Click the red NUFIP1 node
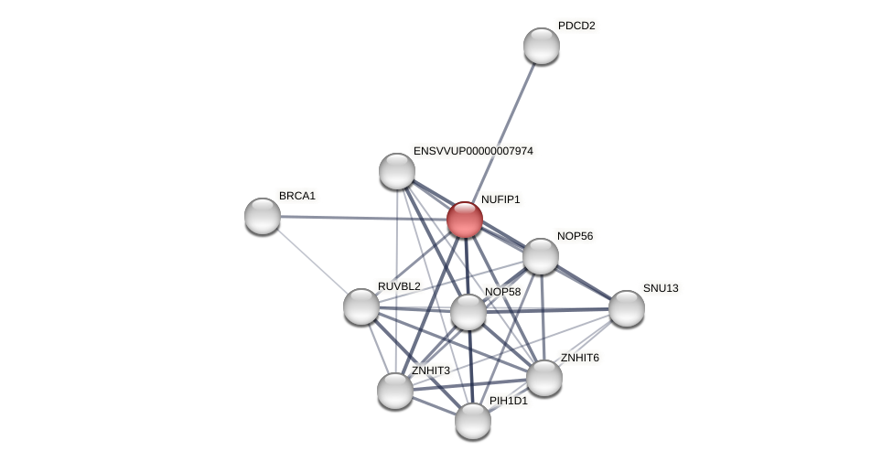click(x=464, y=220)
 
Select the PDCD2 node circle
click(x=541, y=46)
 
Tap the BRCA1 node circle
click(x=263, y=216)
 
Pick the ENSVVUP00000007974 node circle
click(x=397, y=171)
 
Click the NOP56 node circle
click(x=541, y=256)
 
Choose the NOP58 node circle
click(x=468, y=312)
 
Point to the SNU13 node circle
click(x=627, y=308)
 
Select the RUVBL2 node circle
click(x=361, y=306)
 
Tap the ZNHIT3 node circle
click(x=395, y=391)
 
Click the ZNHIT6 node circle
click(x=544, y=378)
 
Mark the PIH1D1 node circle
click(x=473, y=421)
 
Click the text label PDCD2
click(x=576, y=26)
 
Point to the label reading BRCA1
click(x=297, y=196)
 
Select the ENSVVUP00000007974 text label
click(x=473, y=151)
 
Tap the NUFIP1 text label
click(x=500, y=199)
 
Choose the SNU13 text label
click(x=661, y=288)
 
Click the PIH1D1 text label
click(x=508, y=401)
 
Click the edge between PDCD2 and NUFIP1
click(x=503, y=131)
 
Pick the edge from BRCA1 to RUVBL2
click(x=311, y=261)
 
